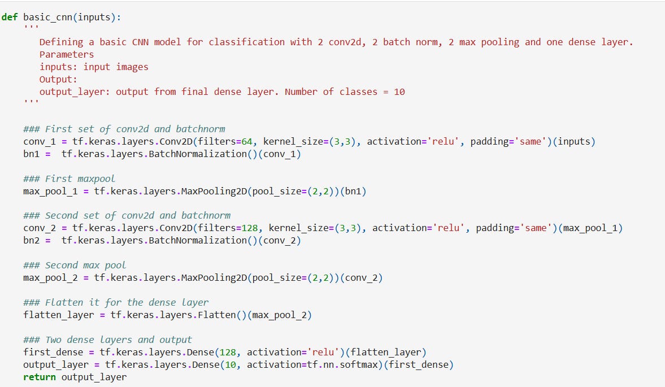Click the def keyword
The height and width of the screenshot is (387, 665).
point(10,17)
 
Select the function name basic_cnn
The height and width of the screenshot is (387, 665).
point(47,17)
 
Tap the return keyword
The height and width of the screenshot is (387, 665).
point(40,377)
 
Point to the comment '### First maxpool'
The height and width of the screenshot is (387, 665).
point(69,179)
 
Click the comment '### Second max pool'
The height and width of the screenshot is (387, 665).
point(75,265)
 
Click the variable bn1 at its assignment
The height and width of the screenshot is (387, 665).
point(32,154)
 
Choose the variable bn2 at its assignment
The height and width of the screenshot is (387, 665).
point(32,240)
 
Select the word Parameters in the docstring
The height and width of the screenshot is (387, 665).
point(67,54)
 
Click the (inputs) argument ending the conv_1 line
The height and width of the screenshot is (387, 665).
point(574,141)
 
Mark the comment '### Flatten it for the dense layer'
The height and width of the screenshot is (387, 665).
point(116,302)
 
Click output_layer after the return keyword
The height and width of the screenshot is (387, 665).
point(94,377)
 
